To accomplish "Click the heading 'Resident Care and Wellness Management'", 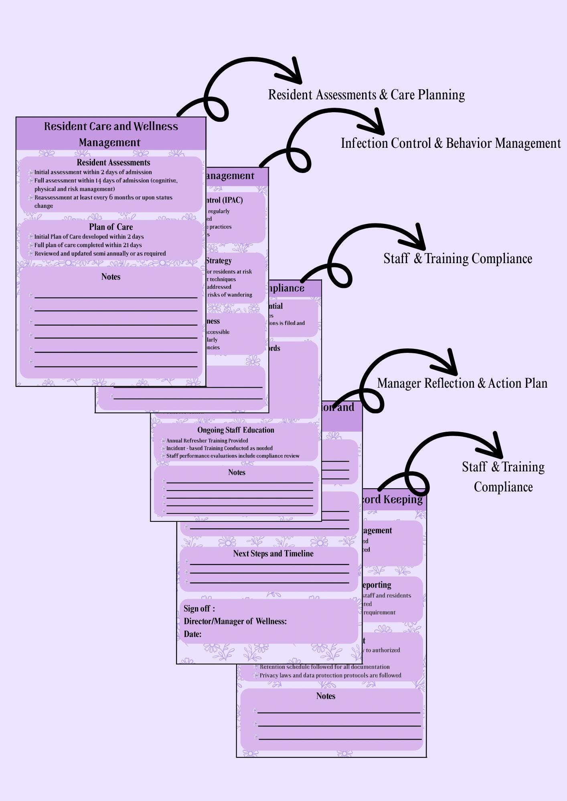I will (x=111, y=134).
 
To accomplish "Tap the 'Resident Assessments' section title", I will (x=113, y=163).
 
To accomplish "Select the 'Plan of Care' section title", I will (x=111, y=227).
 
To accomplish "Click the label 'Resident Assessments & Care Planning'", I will (x=366, y=95).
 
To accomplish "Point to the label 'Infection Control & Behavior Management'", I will (x=450, y=143).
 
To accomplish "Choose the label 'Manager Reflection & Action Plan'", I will (x=462, y=383).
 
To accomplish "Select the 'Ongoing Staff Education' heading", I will (x=236, y=430).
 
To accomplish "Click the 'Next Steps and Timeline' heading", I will (x=273, y=553).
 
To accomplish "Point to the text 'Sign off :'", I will (x=199, y=609).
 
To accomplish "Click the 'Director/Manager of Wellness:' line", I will (x=235, y=622).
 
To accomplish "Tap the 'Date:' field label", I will (x=192, y=634).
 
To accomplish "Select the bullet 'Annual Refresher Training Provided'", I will (x=207, y=441).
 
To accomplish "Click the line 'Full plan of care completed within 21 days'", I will (x=88, y=245).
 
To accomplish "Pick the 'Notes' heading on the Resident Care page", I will (x=111, y=277).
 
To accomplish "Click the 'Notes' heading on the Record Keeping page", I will (x=326, y=696).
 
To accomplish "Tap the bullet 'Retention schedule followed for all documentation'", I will (x=324, y=667).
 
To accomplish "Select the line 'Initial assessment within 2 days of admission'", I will (x=93, y=172).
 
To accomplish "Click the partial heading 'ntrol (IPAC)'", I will (x=224, y=200).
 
